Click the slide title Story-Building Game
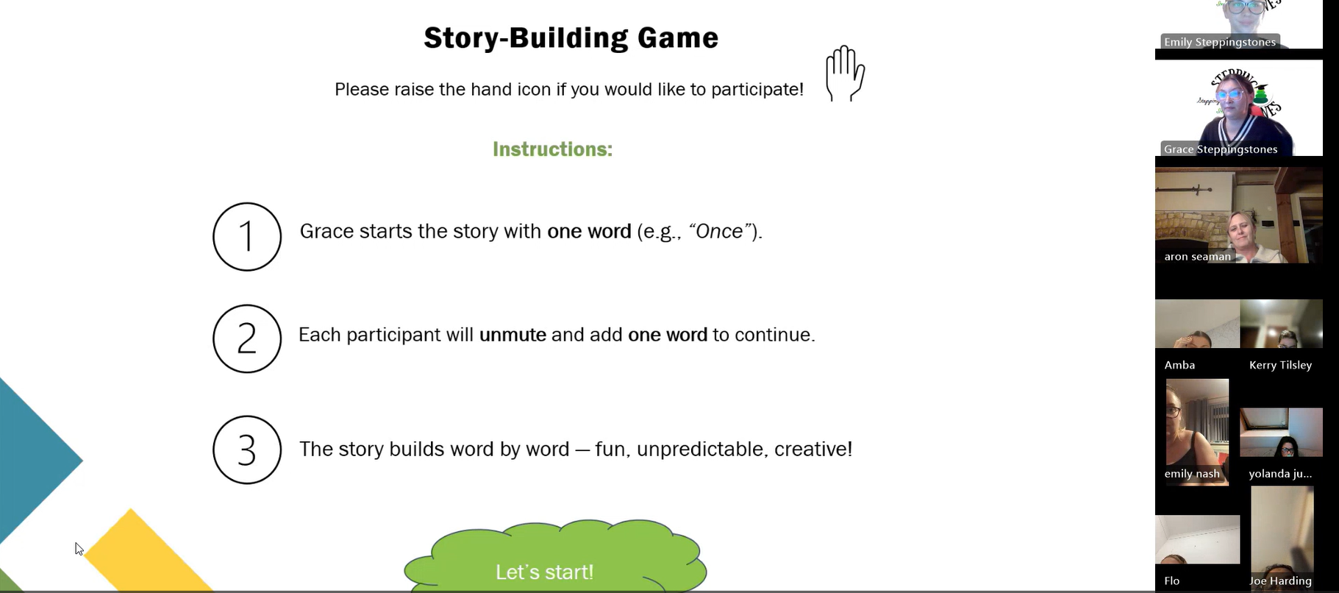point(571,38)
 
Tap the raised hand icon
point(845,74)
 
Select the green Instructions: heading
point(552,149)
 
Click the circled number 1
point(247,237)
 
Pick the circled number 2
point(247,338)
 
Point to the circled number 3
point(247,450)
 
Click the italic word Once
point(719,231)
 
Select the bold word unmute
point(513,335)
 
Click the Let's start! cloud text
point(544,572)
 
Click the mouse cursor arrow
point(79,549)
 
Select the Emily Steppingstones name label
point(1220,42)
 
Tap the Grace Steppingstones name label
point(1221,149)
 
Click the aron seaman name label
point(1197,257)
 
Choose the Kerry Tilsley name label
point(1280,365)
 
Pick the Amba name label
point(1179,365)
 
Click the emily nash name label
point(1192,474)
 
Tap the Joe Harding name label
point(1280,581)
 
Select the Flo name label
point(1172,581)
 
